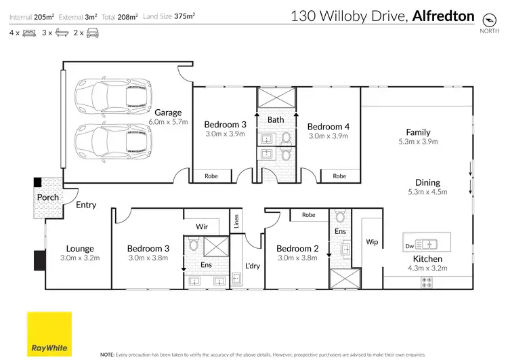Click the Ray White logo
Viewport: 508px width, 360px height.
click(49, 334)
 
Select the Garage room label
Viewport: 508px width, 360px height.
click(168, 113)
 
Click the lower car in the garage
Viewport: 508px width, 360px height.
click(112, 140)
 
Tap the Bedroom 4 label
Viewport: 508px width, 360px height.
click(328, 127)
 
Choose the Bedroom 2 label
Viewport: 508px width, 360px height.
click(297, 249)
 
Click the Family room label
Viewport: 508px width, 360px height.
click(418, 132)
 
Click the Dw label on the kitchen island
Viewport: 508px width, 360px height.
click(408, 246)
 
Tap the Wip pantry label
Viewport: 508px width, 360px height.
click(372, 241)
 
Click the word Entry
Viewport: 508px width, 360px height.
click(86, 205)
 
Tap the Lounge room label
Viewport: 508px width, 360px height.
click(79, 249)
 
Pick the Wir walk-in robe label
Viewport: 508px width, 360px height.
click(202, 226)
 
